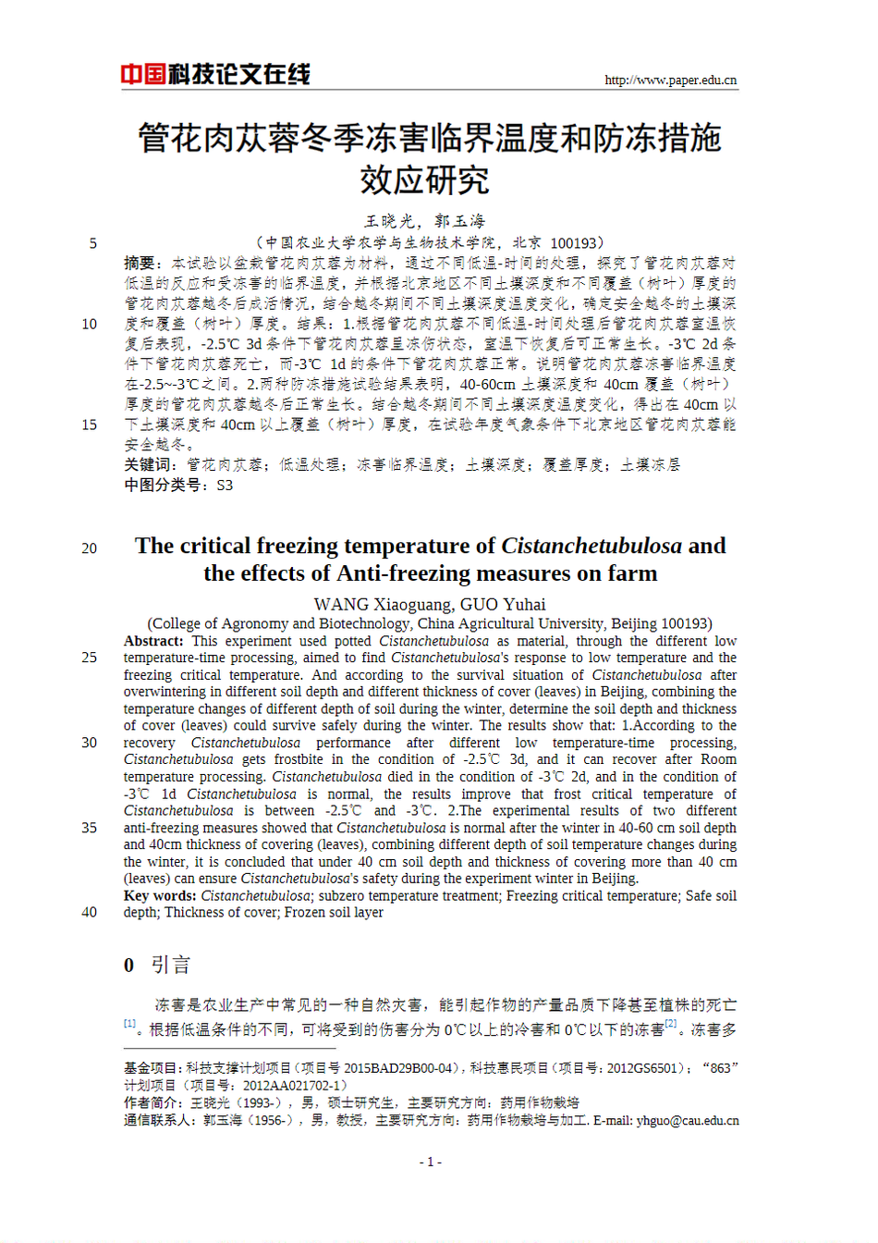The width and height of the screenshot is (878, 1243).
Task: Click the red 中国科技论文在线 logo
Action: pyautogui.click(x=215, y=74)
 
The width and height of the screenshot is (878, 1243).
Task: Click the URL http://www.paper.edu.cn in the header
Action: pyautogui.click(x=670, y=80)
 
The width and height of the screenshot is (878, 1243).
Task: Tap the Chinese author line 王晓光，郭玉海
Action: pyautogui.click(x=424, y=221)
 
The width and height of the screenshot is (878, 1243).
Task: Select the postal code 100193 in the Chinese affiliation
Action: pyautogui.click(x=574, y=243)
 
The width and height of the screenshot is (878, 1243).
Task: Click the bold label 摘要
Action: pyautogui.click(x=140, y=264)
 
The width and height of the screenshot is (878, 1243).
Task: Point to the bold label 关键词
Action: pyautogui.click(x=147, y=464)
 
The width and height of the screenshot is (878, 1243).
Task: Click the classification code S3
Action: pyautogui.click(x=225, y=485)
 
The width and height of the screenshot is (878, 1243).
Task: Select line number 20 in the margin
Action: pyautogui.click(x=89, y=548)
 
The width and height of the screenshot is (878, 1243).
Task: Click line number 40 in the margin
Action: pyautogui.click(x=89, y=912)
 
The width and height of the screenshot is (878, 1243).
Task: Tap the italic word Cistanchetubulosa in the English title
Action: pyautogui.click(x=591, y=546)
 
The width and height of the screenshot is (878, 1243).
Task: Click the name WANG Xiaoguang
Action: pyautogui.click(x=381, y=604)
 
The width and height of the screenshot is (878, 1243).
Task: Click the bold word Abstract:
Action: pyautogui.click(x=153, y=641)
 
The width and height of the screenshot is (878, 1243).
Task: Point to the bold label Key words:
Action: pyautogui.click(x=160, y=895)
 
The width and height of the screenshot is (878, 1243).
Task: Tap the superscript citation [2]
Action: pyautogui.click(x=671, y=1024)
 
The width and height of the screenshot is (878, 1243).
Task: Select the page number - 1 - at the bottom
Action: pyautogui.click(x=430, y=1162)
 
